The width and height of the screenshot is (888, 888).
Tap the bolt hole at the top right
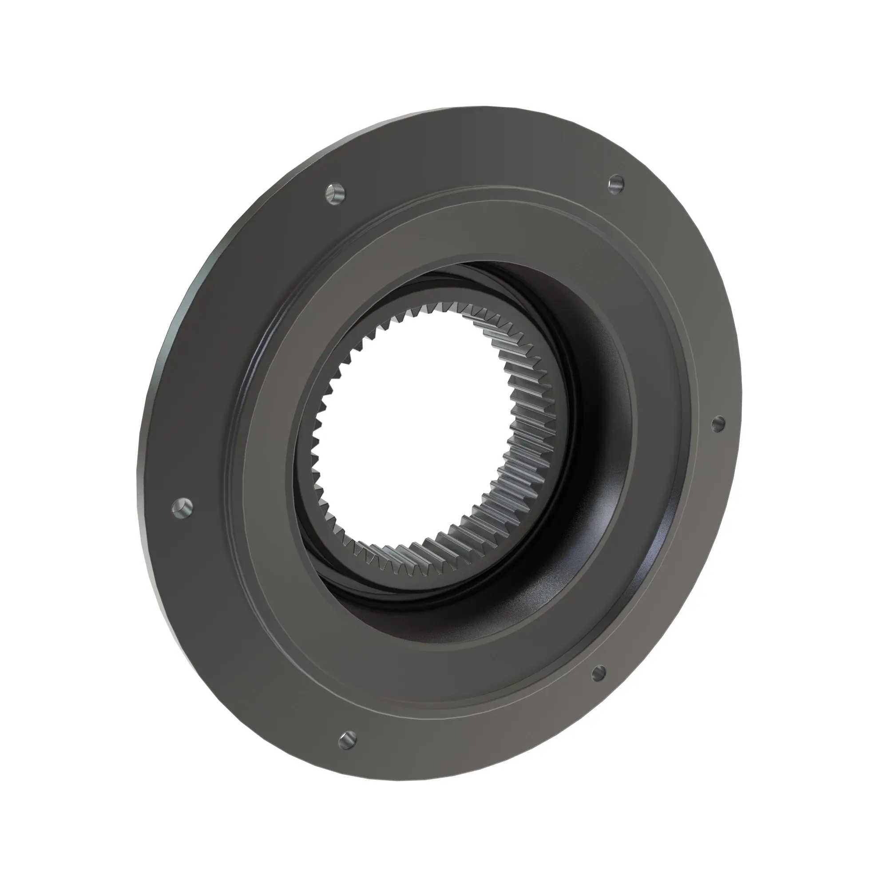[615, 183]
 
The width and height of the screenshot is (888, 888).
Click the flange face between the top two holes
[473, 156]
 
